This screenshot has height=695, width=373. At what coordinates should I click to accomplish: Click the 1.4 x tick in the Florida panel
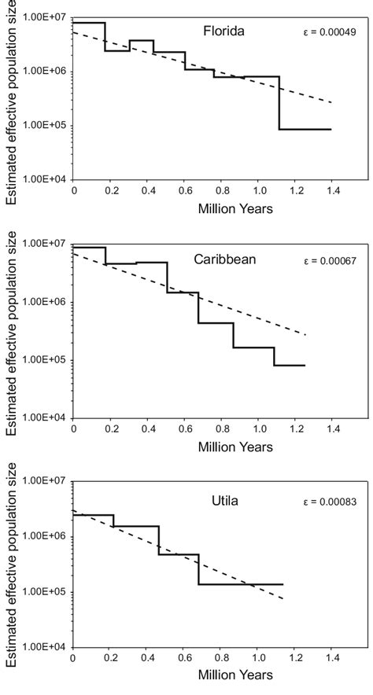pyautogui.click(x=330, y=191)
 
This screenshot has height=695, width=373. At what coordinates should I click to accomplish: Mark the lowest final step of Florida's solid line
pyautogui.click(x=305, y=129)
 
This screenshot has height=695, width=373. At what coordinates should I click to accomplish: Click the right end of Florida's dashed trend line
pyautogui.click(x=331, y=103)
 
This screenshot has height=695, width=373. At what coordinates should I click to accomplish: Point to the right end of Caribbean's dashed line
pyautogui.click(x=305, y=335)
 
